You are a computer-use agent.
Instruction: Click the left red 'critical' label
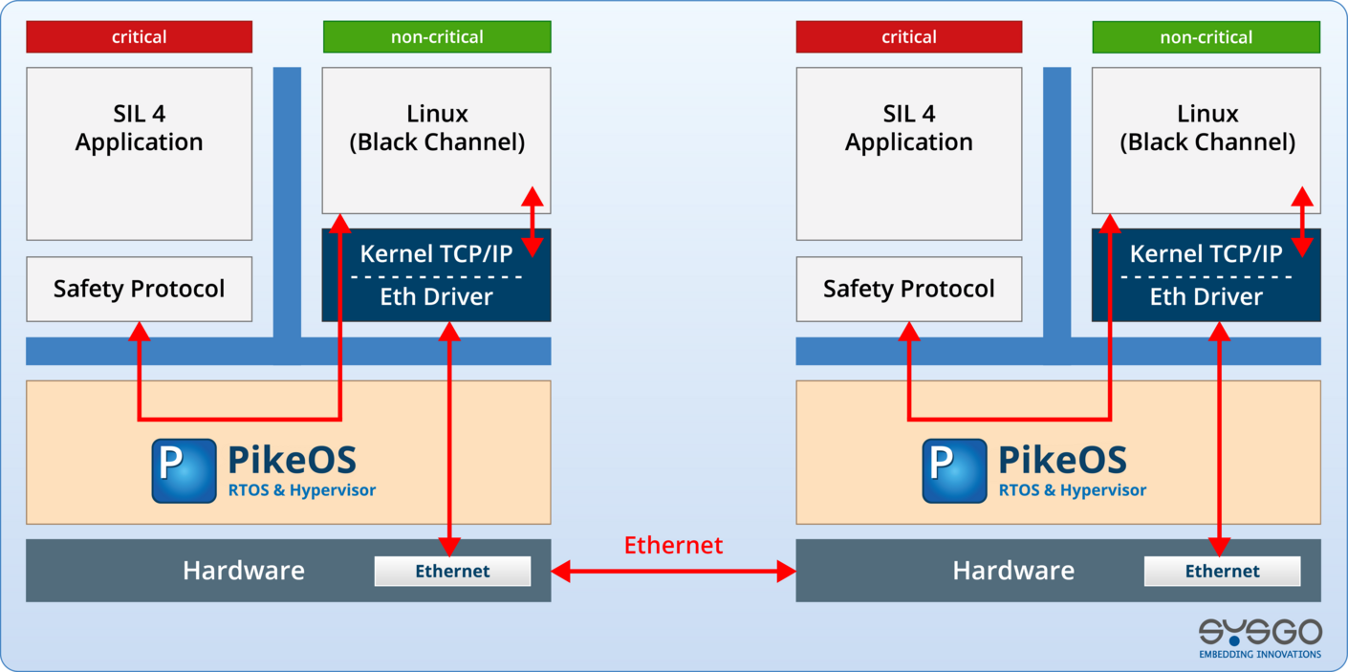click(x=139, y=37)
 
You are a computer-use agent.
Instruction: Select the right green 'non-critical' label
click(x=1206, y=37)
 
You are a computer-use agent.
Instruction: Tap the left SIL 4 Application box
click(x=139, y=153)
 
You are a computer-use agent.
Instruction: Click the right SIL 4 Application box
click(x=908, y=153)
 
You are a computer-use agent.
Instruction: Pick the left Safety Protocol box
click(x=139, y=289)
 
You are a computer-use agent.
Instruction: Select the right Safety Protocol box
click(x=908, y=289)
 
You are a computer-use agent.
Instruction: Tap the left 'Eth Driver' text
click(x=436, y=297)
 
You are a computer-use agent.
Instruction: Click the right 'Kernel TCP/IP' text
click(x=1206, y=254)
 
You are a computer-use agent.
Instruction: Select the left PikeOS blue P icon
click(x=184, y=470)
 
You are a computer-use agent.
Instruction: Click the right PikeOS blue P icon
click(x=953, y=470)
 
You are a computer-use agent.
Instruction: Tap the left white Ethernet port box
click(x=452, y=572)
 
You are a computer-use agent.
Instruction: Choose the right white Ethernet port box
click(x=1222, y=572)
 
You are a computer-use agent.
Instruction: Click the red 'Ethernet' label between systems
click(x=673, y=545)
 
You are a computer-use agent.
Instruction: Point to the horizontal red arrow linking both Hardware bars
click(x=673, y=573)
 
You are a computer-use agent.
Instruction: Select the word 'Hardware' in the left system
click(x=244, y=572)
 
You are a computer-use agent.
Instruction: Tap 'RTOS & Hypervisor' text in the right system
click(x=1072, y=490)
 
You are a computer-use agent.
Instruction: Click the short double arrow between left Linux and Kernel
click(x=533, y=222)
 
